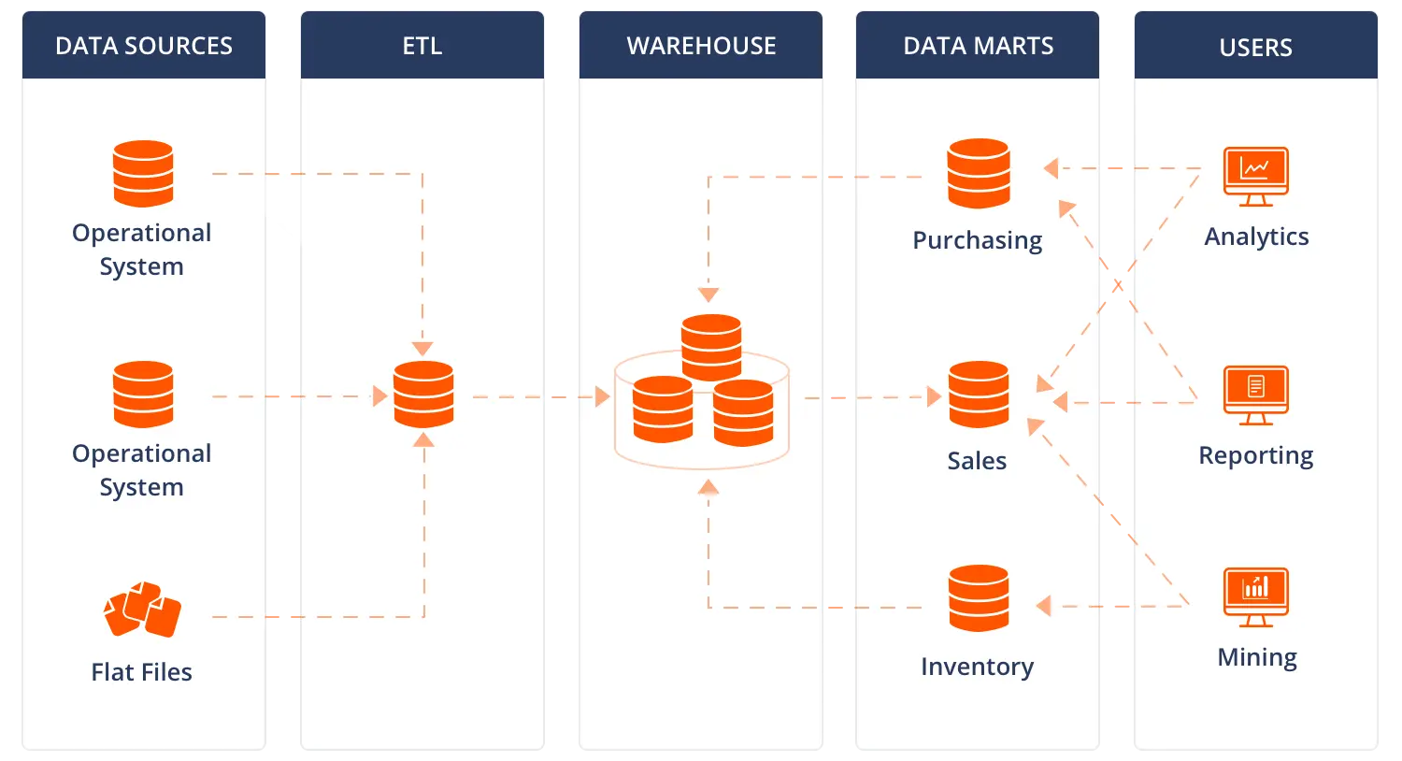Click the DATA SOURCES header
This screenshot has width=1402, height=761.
click(x=144, y=46)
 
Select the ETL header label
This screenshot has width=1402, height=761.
click(x=422, y=46)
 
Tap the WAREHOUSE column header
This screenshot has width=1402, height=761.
click(x=701, y=46)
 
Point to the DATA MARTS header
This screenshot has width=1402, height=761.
click(x=978, y=46)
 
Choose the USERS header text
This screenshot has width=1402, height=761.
click(x=1255, y=48)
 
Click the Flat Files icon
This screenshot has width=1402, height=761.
click(x=142, y=609)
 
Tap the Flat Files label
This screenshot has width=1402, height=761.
click(x=142, y=672)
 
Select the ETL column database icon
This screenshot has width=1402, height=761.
click(x=423, y=395)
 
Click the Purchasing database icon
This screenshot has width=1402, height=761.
click(x=979, y=173)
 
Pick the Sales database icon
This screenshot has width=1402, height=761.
click(x=979, y=395)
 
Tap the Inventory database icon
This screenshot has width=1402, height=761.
click(x=979, y=598)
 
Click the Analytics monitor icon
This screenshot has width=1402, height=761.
click(x=1255, y=176)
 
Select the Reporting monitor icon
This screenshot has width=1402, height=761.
click(x=1255, y=395)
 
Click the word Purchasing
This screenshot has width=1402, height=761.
click(x=977, y=240)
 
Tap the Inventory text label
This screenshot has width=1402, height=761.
click(x=977, y=667)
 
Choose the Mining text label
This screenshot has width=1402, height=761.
click(x=1256, y=657)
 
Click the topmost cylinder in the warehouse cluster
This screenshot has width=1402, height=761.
click(x=711, y=347)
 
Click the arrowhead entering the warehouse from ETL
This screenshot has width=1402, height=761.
click(x=602, y=397)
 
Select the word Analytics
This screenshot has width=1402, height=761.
click(x=1256, y=237)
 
